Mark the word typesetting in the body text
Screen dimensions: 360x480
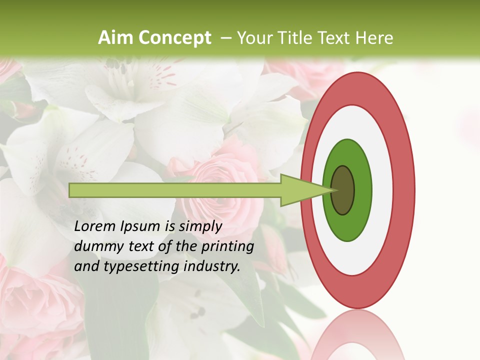click(135, 266)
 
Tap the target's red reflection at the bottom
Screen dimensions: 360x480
click(357, 335)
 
